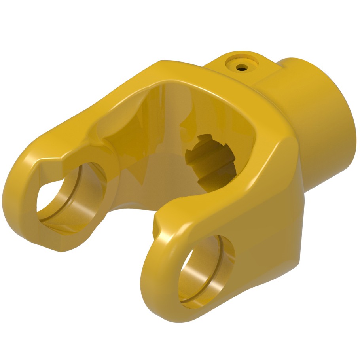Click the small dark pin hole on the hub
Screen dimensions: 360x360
tap(241, 68)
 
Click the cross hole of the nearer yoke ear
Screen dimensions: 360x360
tap(206, 273)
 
